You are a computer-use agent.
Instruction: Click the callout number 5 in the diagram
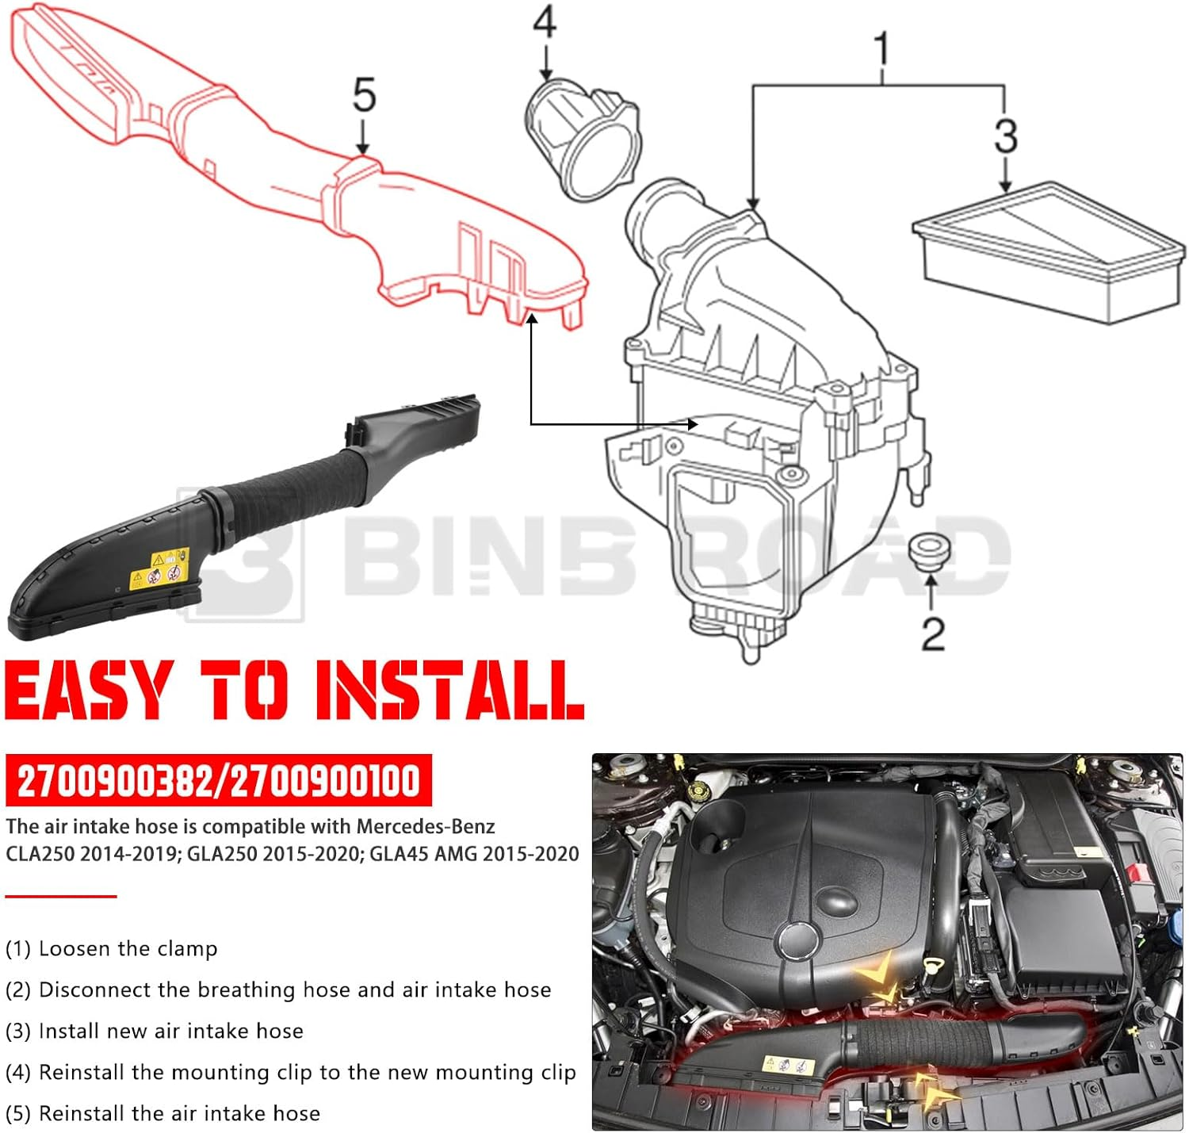(x=364, y=96)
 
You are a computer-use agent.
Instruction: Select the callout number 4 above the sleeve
(x=545, y=21)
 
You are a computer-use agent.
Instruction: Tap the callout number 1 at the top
(x=881, y=48)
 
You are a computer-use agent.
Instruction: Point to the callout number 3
(x=1005, y=136)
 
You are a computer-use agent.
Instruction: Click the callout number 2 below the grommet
(x=933, y=633)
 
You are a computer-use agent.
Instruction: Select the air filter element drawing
(x=1049, y=251)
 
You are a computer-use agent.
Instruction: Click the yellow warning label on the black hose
(x=160, y=568)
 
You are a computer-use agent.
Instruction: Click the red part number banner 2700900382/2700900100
(x=219, y=781)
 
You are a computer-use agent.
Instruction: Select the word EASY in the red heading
(x=89, y=691)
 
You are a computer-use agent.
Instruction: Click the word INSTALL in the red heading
(x=449, y=691)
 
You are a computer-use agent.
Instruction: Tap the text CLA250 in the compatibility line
(x=38, y=854)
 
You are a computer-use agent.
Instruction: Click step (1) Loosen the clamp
(x=111, y=948)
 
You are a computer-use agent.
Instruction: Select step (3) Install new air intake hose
(x=155, y=1031)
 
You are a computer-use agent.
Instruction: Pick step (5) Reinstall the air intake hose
(x=162, y=1113)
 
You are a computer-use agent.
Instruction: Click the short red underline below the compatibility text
(x=61, y=896)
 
